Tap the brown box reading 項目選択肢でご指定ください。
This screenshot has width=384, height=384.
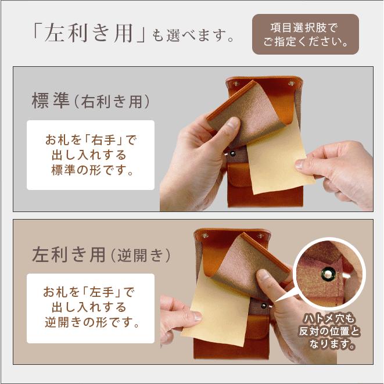(305, 34)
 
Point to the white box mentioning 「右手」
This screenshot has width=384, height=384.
(91, 155)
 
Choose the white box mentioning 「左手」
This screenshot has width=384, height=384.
(91, 308)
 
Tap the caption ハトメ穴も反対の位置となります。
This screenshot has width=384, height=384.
(329, 332)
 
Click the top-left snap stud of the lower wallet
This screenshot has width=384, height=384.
(204, 236)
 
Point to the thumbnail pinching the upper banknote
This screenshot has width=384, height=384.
(303, 163)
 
